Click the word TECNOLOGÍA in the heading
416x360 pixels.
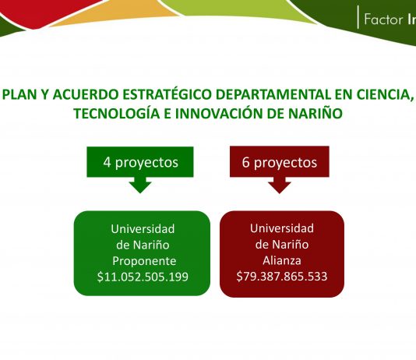(117, 114)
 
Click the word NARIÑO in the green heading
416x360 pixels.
(316, 114)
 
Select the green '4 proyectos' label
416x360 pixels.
(140, 162)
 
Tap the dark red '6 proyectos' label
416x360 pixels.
(280, 162)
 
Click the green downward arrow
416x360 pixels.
(140, 185)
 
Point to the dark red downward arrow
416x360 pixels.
(280, 185)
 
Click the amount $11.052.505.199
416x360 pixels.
(143, 277)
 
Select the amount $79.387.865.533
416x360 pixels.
(282, 276)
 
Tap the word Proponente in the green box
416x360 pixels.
(144, 261)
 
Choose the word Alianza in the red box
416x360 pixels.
(282, 260)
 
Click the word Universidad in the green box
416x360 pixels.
(143, 229)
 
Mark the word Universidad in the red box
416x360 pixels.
(282, 228)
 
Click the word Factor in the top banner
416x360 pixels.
(383, 19)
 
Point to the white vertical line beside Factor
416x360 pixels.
(358, 17)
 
